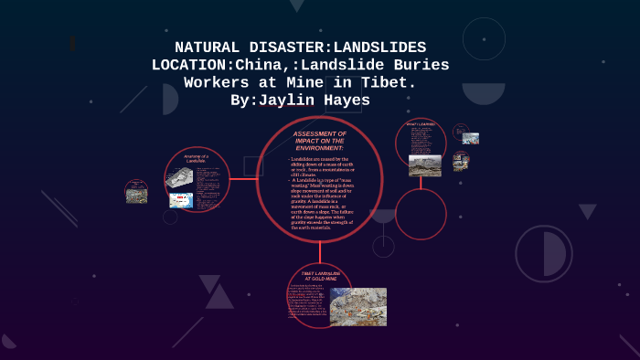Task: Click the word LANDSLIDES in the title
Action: (x=375, y=48)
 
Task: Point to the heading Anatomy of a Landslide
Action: (x=197, y=159)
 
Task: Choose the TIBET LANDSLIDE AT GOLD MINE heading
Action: (x=319, y=275)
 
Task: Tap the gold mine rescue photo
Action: (x=357, y=306)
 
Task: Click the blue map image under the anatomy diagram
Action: (x=180, y=199)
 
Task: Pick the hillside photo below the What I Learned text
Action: (x=425, y=164)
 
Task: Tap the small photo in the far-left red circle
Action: (x=136, y=192)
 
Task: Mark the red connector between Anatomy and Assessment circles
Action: (x=243, y=179)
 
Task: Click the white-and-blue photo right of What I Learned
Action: (x=470, y=139)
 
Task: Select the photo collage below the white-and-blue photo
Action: (x=461, y=162)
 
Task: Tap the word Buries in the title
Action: (x=417, y=65)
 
